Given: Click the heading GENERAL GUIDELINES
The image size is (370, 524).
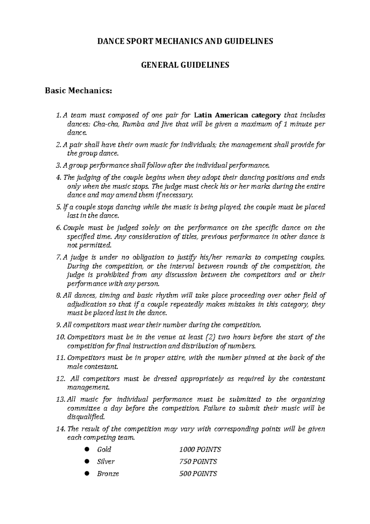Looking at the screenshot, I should point(185,65).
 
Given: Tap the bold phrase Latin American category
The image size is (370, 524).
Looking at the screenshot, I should point(237,115).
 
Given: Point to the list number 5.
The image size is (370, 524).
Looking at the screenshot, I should point(59,207).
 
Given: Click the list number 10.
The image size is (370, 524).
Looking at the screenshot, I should point(60,337).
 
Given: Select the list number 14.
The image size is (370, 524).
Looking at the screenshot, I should point(61,429).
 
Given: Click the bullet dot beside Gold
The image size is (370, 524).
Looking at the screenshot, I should point(87,449).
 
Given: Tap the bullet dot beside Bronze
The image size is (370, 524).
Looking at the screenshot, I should point(87,473).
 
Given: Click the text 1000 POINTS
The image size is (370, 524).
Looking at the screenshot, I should point(200,450).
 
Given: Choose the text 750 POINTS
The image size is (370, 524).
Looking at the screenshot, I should point(198,462).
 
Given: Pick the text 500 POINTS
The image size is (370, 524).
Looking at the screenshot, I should point(198,474).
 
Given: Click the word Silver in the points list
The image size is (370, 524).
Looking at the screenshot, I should point(106,462).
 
